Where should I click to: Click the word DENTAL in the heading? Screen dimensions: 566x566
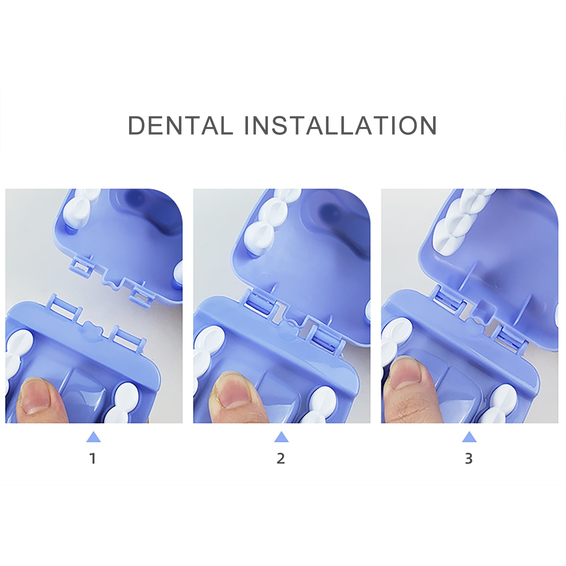(x=180, y=125)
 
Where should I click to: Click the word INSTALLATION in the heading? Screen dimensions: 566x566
(x=341, y=125)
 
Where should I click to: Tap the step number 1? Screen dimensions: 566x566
(x=93, y=458)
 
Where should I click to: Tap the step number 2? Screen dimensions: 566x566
(x=281, y=458)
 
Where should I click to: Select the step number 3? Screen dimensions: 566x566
(x=469, y=458)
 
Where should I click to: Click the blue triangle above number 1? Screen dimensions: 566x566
(x=93, y=437)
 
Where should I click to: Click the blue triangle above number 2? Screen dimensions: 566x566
(x=281, y=437)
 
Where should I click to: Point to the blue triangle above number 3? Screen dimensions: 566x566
(x=469, y=437)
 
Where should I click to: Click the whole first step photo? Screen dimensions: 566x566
(x=94, y=306)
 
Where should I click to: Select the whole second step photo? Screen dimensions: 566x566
(x=282, y=306)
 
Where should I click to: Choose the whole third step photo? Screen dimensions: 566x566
(x=469, y=306)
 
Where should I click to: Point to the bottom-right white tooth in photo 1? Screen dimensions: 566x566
(x=124, y=403)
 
